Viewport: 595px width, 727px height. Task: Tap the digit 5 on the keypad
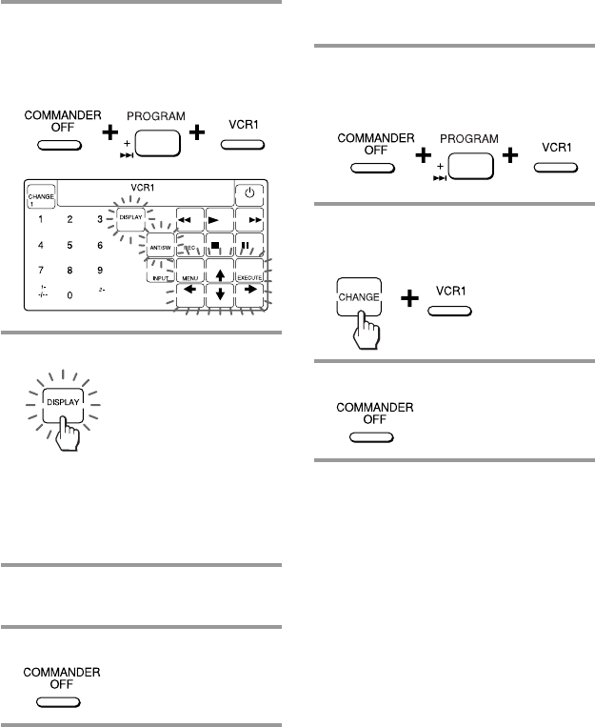tap(70, 245)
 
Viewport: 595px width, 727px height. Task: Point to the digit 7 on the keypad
tap(40, 270)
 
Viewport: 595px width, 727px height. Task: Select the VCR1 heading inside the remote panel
tap(141, 189)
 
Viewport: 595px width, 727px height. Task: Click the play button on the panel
tap(221, 218)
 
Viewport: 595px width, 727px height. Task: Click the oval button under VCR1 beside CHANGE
tap(448, 311)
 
